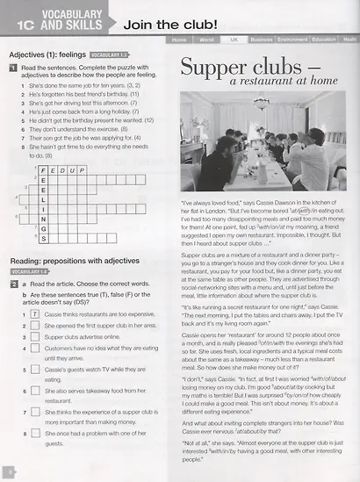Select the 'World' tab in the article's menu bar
point(206,40)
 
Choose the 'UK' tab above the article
point(233,40)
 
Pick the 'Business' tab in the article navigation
point(261,40)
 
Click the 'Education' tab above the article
point(324,40)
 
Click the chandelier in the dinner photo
point(262,103)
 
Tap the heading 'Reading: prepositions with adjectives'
point(73,262)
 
